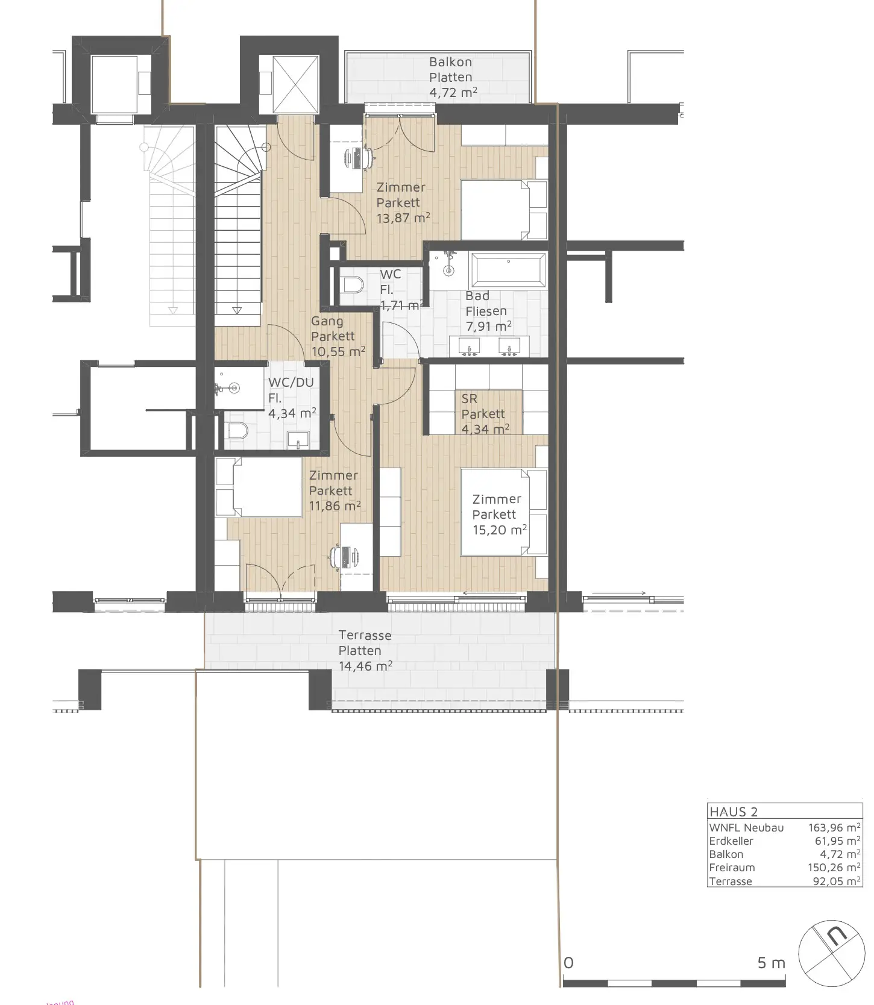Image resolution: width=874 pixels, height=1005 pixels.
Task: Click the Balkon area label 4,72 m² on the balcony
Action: (453, 92)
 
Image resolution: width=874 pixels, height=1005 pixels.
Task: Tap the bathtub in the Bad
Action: (509, 269)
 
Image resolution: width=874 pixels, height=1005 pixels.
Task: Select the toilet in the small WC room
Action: (351, 284)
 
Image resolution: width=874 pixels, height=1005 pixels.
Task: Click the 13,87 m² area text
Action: (403, 218)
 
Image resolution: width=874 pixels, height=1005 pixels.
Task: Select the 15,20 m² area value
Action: (500, 530)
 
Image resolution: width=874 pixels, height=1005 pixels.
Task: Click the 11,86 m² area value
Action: (335, 506)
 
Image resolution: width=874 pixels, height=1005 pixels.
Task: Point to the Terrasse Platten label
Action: (365, 643)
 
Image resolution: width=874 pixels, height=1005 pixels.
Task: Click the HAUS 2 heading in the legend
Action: (734, 812)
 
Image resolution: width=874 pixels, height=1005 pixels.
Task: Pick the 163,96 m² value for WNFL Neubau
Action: (834, 828)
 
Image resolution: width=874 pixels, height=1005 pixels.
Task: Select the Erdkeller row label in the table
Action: (731, 841)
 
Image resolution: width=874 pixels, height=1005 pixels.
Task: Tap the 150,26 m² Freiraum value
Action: (834, 868)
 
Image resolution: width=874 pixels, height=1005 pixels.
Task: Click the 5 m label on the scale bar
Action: (772, 963)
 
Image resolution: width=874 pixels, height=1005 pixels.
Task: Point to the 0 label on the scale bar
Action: (568, 963)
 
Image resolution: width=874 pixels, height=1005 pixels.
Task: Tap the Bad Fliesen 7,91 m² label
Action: (488, 311)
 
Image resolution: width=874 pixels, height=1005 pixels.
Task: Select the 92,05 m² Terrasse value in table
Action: (837, 881)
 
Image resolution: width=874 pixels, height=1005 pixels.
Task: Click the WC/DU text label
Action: (291, 382)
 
